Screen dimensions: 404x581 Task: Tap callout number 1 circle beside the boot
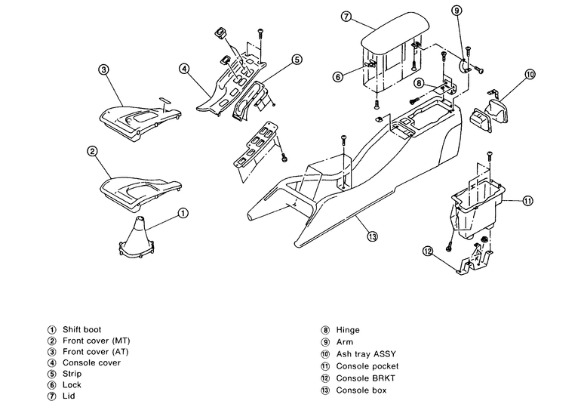pos(183,213)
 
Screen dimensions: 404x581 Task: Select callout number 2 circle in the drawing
pos(92,151)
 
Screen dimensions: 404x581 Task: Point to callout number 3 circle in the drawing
pos(104,69)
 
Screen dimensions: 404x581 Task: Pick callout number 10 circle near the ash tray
pos(530,74)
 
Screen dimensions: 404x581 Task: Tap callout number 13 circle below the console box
pos(372,237)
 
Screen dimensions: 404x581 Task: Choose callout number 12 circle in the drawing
pos(427,251)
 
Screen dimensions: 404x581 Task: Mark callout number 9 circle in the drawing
pos(457,11)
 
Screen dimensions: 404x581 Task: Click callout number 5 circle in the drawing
pos(297,58)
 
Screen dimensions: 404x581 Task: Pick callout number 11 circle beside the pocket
pos(527,201)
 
